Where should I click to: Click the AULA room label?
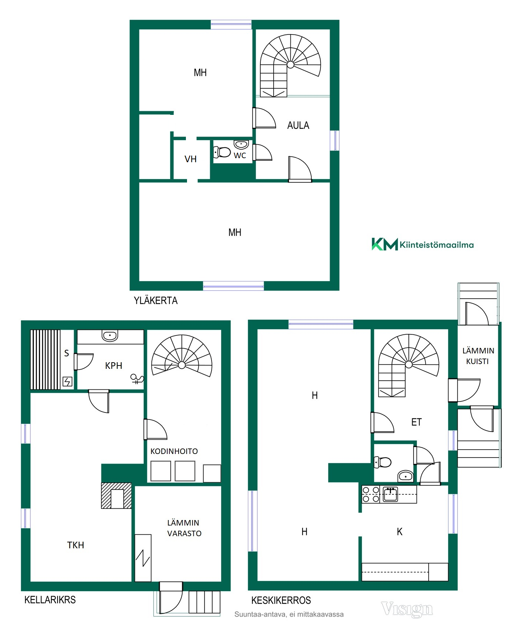click(x=298, y=126)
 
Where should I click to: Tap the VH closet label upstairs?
click(x=190, y=159)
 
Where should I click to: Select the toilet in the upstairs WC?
click(x=222, y=152)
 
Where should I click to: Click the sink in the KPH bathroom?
click(x=110, y=335)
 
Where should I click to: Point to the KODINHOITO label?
click(x=174, y=451)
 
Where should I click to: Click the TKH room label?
click(x=76, y=545)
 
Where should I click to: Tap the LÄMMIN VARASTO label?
click(x=184, y=528)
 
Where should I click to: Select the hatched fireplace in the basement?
click(x=116, y=495)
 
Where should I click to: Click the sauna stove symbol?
click(x=67, y=382)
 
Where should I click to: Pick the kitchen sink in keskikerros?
click(x=390, y=494)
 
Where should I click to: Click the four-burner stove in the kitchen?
click(x=371, y=494)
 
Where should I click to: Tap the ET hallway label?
click(x=417, y=422)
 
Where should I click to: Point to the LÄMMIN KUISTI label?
click(x=478, y=356)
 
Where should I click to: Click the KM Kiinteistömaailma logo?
click(x=422, y=244)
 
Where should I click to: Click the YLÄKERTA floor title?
click(x=155, y=301)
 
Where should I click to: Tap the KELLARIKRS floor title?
click(x=50, y=600)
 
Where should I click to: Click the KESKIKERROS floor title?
click(x=281, y=600)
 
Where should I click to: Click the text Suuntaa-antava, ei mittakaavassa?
click(x=289, y=614)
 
